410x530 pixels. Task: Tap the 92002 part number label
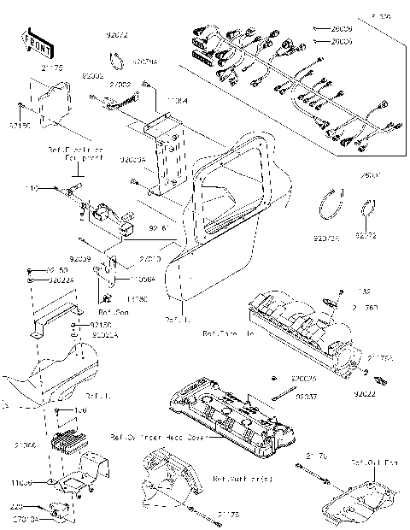coord(92,76)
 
